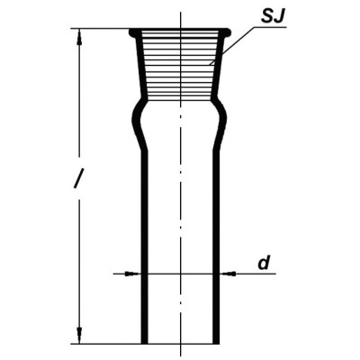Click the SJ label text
click(x=272, y=17)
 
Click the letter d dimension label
click(x=264, y=263)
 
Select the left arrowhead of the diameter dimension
click(x=133, y=274)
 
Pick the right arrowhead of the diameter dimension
click(x=228, y=274)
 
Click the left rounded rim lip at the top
click(x=132, y=33)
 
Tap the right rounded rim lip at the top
click(x=227, y=33)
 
